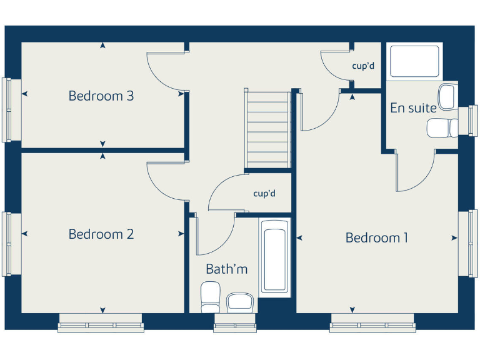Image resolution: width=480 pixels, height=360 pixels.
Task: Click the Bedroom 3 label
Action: [x=101, y=96]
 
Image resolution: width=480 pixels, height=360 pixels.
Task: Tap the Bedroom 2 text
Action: [x=101, y=234]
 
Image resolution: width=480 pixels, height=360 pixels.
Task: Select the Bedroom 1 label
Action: [x=377, y=237]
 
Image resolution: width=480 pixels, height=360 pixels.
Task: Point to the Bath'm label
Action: [x=227, y=269]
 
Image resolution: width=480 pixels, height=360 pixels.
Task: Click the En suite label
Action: [x=413, y=107]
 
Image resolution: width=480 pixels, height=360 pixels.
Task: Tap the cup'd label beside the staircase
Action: [x=264, y=194]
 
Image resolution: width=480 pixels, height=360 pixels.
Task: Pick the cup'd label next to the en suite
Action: [x=363, y=65]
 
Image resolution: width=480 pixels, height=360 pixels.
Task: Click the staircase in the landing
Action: [x=268, y=129]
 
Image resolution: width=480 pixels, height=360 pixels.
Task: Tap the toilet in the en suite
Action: [x=442, y=127]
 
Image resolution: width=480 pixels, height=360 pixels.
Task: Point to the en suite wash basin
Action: [x=447, y=96]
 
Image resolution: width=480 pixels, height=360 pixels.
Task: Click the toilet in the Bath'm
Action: [x=211, y=297]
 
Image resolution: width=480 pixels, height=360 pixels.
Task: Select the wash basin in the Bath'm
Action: [x=240, y=302]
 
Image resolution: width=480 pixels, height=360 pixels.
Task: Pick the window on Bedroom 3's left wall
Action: [x=7, y=109]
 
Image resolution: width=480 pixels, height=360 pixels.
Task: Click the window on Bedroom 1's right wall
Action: [x=468, y=244]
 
